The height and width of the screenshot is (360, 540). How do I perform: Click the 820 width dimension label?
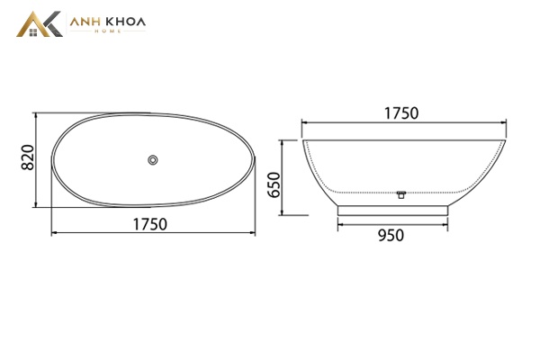pos(28,157)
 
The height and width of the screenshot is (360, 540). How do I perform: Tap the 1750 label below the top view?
pos(150,224)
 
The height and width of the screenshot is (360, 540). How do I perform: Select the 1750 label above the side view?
pos(401,113)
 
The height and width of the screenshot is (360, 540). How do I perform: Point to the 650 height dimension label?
pos(274,185)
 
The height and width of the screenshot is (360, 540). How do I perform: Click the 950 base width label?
pos(391,236)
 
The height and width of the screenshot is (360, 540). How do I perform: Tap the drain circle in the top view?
pos(153,160)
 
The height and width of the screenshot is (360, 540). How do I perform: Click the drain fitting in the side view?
pos(400,194)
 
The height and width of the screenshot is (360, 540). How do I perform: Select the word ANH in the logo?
pos(85,22)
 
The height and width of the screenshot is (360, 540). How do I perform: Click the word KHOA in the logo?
pos(125,22)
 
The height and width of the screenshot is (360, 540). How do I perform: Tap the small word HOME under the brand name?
pos(108,31)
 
